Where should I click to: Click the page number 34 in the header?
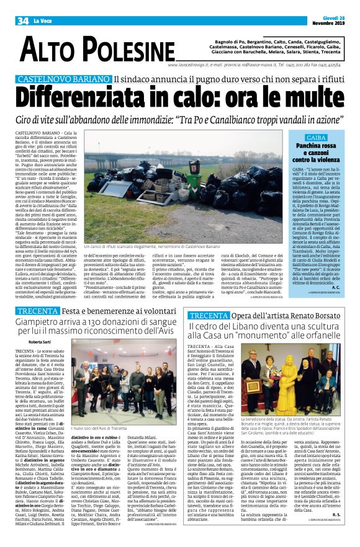click(x=24, y=21)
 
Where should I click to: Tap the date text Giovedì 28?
click(x=337, y=19)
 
